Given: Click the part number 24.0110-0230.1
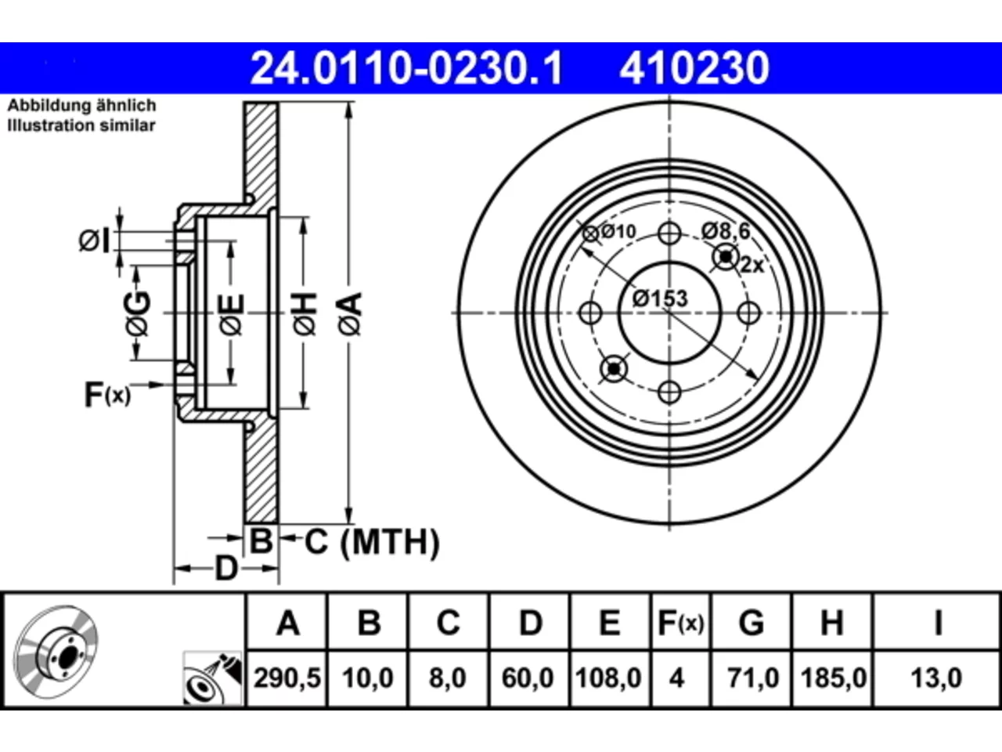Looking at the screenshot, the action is (x=406, y=68).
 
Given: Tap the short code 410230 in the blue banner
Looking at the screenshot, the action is (x=694, y=68).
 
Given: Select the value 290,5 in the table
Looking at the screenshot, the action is (x=287, y=678).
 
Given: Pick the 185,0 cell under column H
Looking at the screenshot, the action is (x=834, y=678).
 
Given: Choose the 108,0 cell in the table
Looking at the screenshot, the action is (x=609, y=678).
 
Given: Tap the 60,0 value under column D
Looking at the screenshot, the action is (x=528, y=678).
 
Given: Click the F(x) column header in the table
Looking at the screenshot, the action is (x=681, y=623).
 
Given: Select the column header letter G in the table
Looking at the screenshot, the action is (x=751, y=623).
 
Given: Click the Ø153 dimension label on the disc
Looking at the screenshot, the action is (x=660, y=298).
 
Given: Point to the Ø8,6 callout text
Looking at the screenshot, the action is (x=726, y=231).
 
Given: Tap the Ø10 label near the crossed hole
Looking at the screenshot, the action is (x=618, y=232).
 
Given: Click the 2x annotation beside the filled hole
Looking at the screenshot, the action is (x=751, y=264).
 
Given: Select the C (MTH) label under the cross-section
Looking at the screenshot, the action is (x=372, y=542).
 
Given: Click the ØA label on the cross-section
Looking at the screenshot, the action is (x=351, y=314).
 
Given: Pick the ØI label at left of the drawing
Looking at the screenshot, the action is (x=95, y=240).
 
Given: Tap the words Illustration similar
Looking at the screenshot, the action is (x=81, y=125).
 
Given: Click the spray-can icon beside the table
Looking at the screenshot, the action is (x=212, y=678).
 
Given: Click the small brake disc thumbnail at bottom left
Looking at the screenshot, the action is (x=56, y=652).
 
